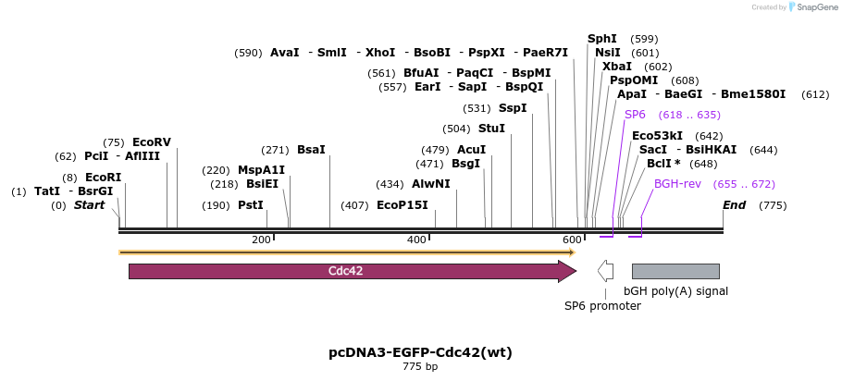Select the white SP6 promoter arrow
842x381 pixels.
tap(605, 271)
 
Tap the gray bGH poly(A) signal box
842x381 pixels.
tap(675, 271)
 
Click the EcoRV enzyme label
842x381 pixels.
tap(152, 142)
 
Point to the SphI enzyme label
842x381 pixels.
tap(602, 39)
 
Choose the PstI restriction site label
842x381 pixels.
tap(251, 205)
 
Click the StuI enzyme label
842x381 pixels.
tap(491, 129)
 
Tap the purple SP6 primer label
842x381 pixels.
tap(635, 115)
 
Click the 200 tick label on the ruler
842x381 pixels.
tap(261, 240)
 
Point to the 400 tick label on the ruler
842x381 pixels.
tap(416, 240)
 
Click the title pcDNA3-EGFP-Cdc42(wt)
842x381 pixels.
tap(420, 352)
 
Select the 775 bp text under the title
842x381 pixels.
tap(420, 367)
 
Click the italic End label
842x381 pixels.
tap(734, 205)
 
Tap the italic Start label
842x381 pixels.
tap(90, 205)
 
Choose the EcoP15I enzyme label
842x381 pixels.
tap(402, 205)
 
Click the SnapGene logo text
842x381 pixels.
tap(816, 7)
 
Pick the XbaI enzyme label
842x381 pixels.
tap(617, 67)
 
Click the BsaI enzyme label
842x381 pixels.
tap(311, 150)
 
